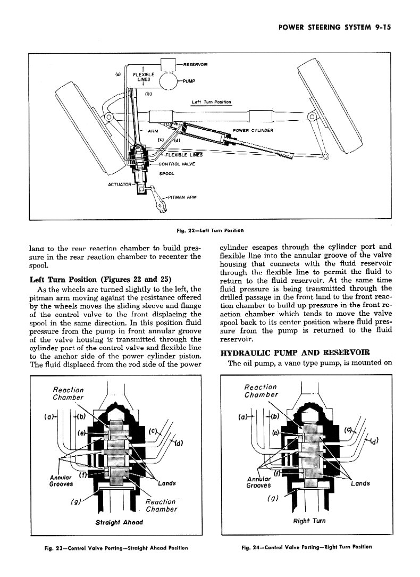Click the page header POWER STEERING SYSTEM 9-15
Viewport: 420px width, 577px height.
334,30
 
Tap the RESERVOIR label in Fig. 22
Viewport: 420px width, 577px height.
195,64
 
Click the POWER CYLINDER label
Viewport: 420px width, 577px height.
253,130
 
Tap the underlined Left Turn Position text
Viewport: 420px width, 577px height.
212,102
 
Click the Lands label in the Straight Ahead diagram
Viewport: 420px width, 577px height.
167,483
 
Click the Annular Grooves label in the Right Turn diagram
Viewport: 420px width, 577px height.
259,481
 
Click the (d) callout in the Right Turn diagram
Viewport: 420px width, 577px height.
375,440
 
